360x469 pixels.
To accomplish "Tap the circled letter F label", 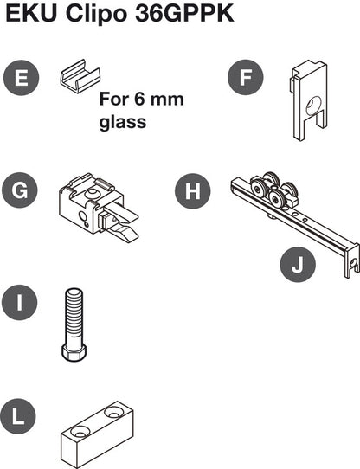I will [x=246, y=78].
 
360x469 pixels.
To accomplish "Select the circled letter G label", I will [x=21, y=190].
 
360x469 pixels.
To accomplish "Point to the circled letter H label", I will [x=193, y=190].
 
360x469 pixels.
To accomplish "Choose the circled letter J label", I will [x=297, y=266].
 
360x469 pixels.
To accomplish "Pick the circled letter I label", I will [x=21, y=303].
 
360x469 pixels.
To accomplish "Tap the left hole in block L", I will [x=79, y=429].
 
